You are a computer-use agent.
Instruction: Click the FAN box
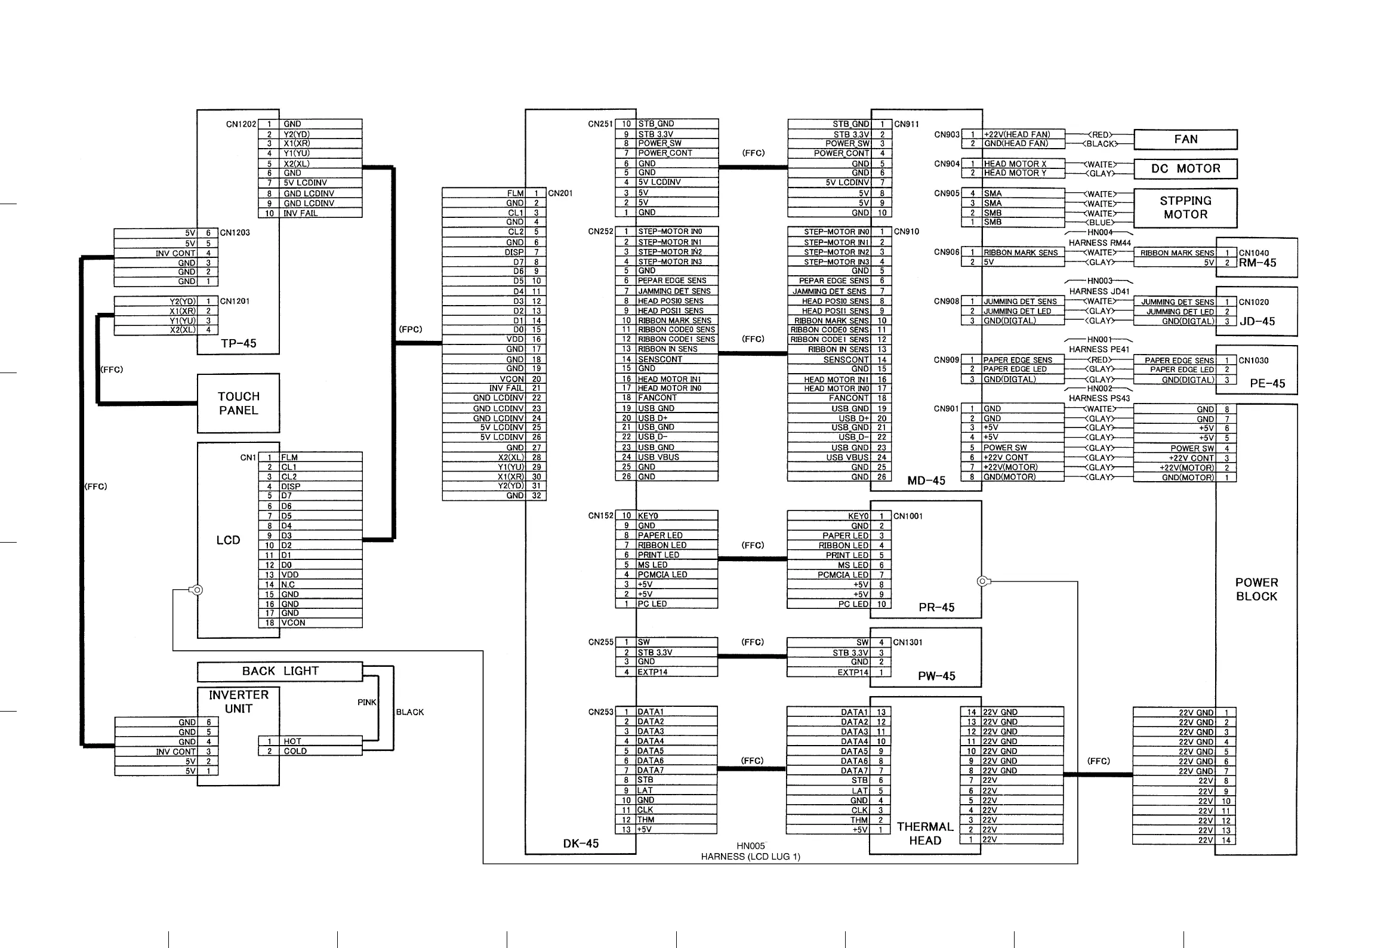[1185, 139]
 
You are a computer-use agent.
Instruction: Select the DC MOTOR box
[1185, 168]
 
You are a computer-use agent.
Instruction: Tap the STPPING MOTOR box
[1185, 208]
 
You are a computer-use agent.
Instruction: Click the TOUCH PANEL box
[238, 403]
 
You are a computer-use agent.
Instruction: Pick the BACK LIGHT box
[280, 671]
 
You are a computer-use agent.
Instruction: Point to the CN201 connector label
[560, 193]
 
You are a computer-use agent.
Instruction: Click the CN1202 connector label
[241, 124]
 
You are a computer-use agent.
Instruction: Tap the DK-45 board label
[580, 844]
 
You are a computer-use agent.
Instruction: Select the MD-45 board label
[926, 481]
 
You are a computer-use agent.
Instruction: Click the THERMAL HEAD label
[924, 833]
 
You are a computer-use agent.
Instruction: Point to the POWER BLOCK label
[1256, 589]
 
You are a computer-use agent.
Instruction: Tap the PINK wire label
[366, 702]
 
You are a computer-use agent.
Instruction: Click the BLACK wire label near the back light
[410, 712]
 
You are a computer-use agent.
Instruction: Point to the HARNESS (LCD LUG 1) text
[750, 857]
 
